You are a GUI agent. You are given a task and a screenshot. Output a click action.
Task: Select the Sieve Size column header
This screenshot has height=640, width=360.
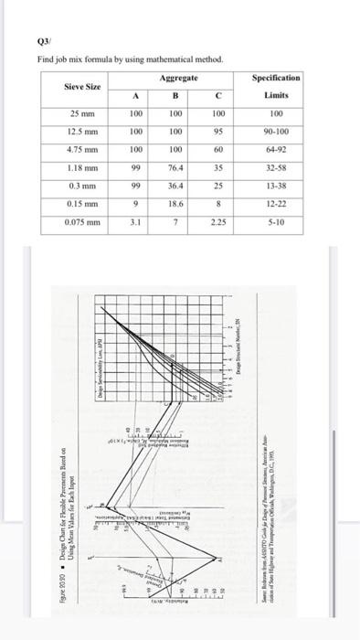point(81,86)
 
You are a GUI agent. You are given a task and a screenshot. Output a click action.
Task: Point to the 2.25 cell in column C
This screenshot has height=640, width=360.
point(217,220)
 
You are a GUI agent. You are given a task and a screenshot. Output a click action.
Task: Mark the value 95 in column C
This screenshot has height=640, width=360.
point(217,133)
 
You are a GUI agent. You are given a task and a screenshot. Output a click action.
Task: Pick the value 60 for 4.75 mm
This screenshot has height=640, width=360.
point(217,151)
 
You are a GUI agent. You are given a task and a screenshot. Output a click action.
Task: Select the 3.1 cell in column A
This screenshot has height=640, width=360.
point(135,220)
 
